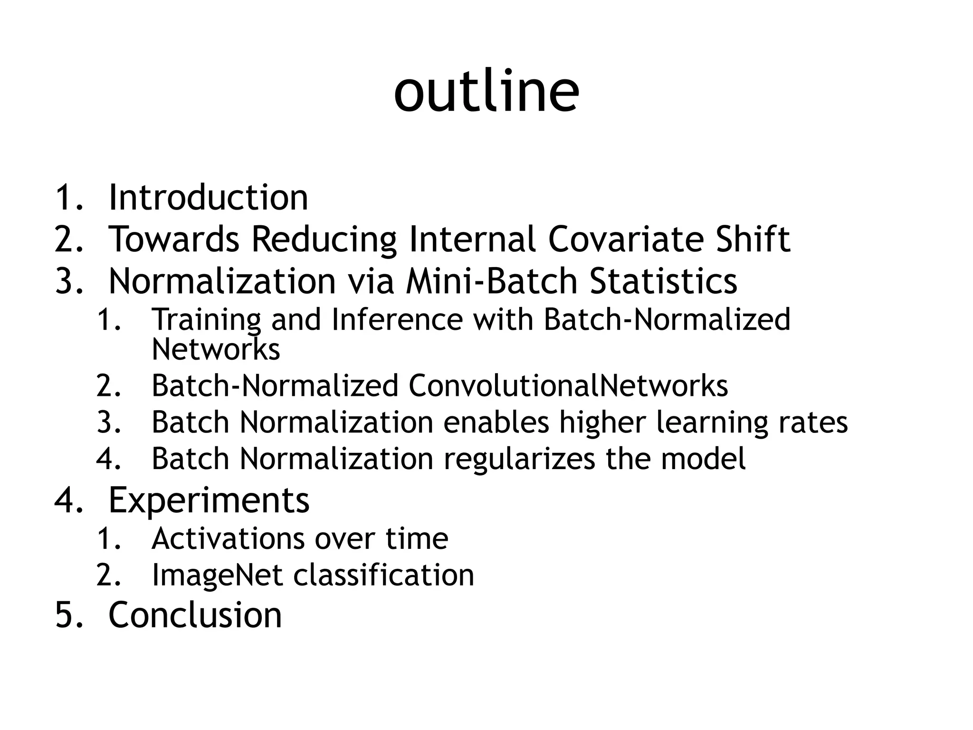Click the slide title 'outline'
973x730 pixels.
[x=486, y=91]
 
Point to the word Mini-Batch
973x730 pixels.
[x=491, y=281]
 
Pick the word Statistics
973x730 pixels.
[x=663, y=281]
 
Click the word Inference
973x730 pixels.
[x=397, y=319]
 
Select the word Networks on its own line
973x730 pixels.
[x=216, y=349]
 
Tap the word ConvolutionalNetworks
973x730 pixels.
[x=568, y=385]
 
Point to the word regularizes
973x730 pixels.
[x=519, y=459]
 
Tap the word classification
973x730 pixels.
[x=384, y=575]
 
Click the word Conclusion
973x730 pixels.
[x=195, y=615]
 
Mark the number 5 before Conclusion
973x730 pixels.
[x=64, y=615]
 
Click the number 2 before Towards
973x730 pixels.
[x=64, y=239]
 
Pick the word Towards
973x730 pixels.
[x=174, y=239]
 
